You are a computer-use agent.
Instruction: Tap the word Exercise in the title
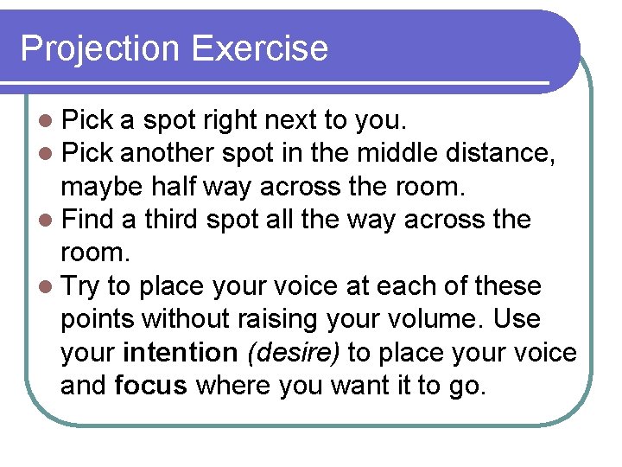coord(260,48)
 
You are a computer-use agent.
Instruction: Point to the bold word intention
coord(180,353)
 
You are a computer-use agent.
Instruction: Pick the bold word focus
coord(149,386)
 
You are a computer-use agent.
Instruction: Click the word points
coord(98,320)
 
